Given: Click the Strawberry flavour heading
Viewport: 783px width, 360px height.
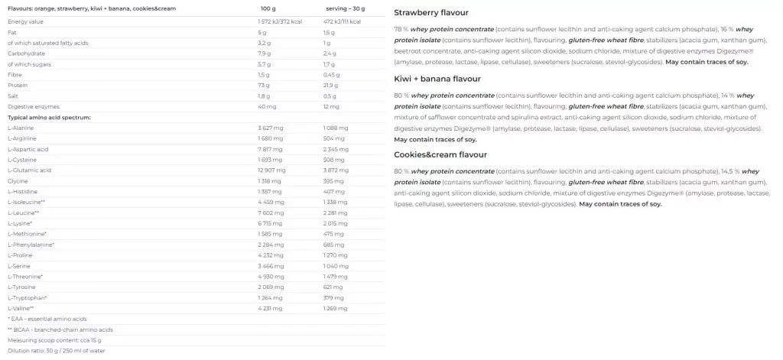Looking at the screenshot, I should point(431,13).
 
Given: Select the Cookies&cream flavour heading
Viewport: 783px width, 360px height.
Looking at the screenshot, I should point(440,154).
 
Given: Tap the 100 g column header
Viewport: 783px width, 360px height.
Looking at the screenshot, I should point(268,8).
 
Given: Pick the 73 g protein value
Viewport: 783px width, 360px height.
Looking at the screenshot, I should point(264,96).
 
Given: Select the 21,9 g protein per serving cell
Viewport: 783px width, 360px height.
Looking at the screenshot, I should point(332,96).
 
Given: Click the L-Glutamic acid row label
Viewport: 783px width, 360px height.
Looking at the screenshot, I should point(30,170).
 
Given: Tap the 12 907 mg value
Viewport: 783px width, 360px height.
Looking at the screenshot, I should point(272,170).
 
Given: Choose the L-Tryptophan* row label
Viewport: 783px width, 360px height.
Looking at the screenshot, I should point(28,297).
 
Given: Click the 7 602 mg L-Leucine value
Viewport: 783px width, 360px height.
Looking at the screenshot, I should point(271,212).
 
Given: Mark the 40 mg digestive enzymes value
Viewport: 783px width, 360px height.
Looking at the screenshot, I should point(266,107).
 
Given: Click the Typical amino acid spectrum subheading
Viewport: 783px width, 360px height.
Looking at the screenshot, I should point(50,118).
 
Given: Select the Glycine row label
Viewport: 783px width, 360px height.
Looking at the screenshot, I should point(18,180).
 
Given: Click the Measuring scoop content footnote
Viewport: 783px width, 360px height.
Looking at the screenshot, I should point(54,339).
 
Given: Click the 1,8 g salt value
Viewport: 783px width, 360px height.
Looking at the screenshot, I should point(265,96).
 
